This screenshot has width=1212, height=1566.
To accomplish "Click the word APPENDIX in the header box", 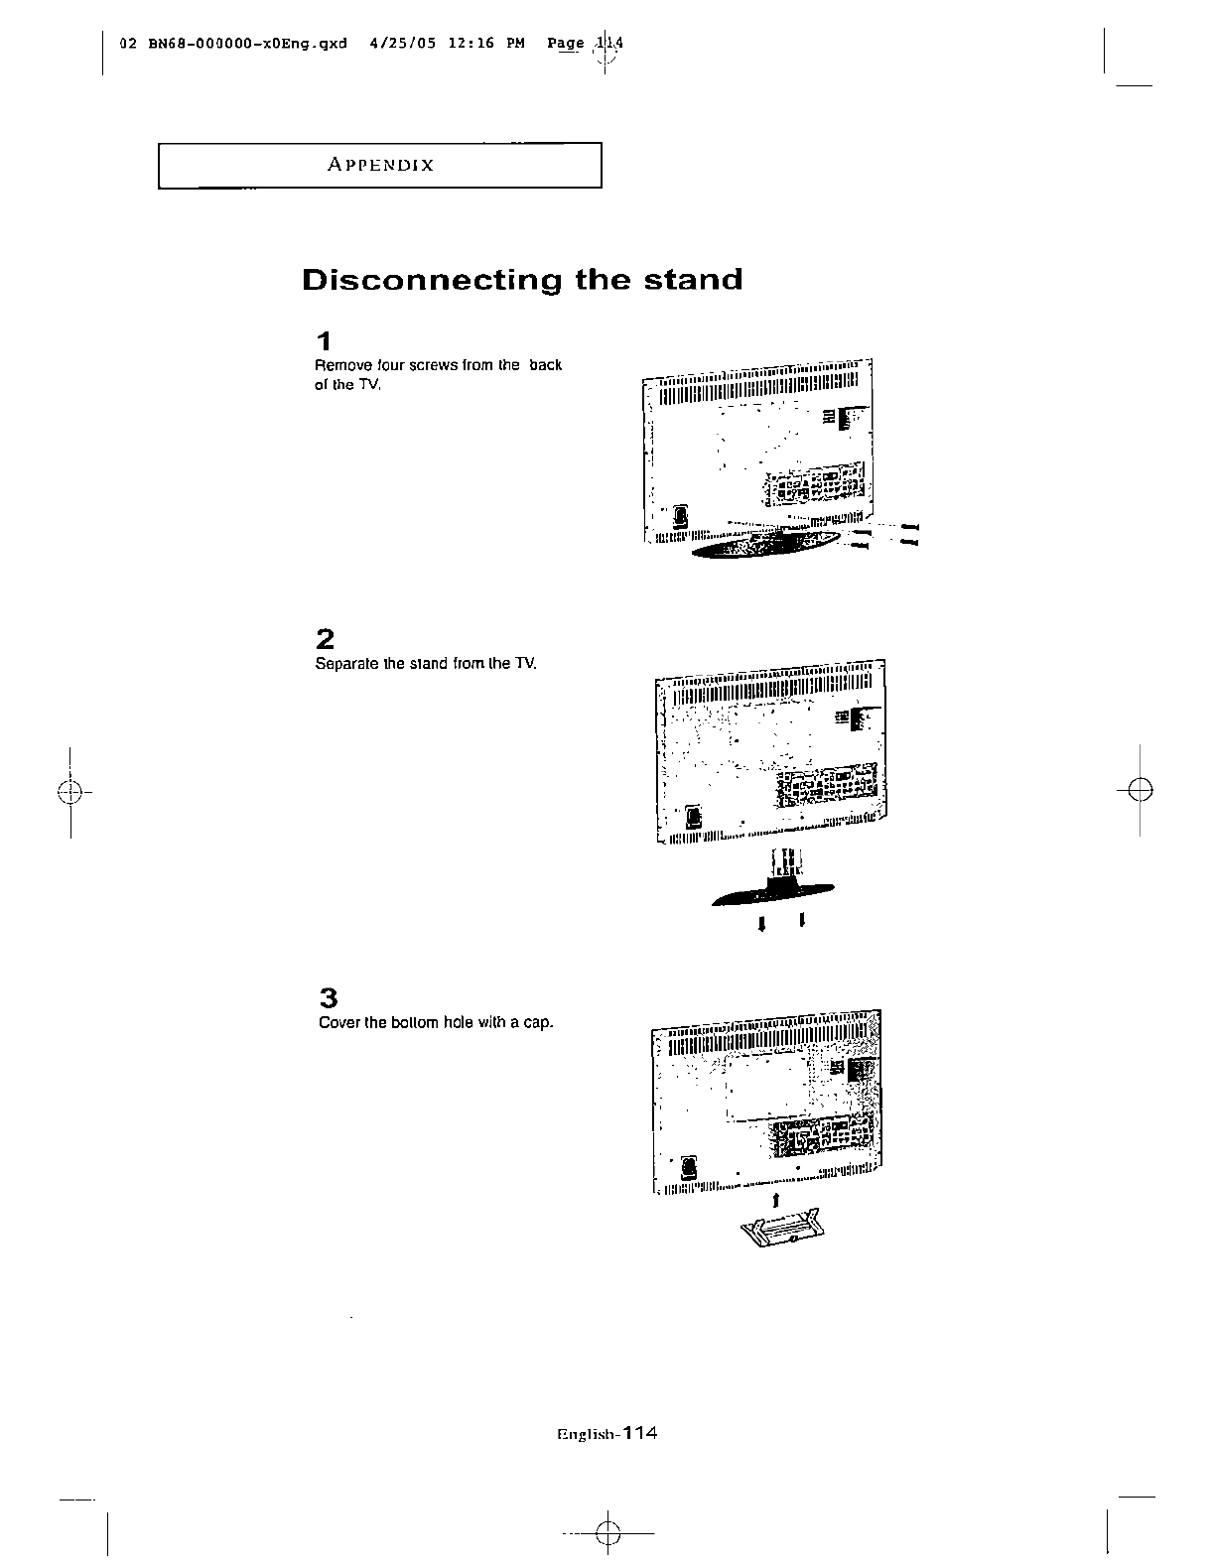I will [381, 166].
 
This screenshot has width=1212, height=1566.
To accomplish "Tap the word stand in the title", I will [693, 280].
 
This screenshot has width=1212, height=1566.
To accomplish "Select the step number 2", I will [325, 638].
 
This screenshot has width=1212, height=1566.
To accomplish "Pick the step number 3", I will [329, 997].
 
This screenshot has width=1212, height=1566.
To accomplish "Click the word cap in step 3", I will [537, 1023].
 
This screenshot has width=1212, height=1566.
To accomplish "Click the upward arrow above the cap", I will [774, 1201].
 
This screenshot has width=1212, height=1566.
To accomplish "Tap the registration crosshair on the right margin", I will [1142, 791].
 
